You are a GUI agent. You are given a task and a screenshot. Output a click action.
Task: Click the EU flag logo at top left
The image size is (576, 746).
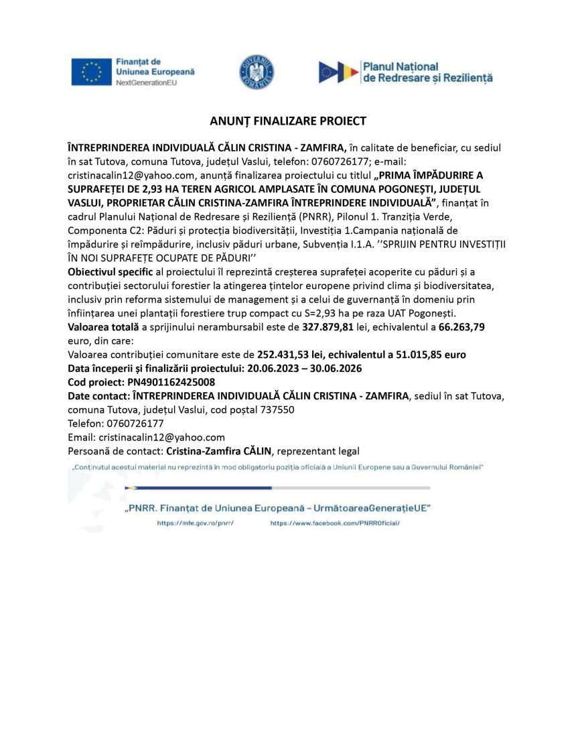point(91,72)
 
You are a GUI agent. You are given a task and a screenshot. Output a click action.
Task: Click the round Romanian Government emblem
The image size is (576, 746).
point(257,72)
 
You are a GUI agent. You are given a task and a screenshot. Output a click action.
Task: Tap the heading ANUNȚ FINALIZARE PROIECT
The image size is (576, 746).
point(288,121)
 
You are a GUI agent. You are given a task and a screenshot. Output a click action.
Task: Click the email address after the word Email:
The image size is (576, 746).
point(160,437)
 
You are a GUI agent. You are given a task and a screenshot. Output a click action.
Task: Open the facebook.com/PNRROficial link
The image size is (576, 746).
point(335,523)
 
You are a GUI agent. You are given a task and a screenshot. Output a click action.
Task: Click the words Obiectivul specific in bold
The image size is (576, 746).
point(106,271)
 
